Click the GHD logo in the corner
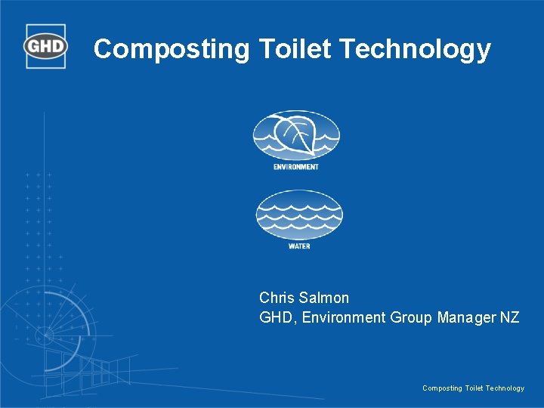coord(46,46)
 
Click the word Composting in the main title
coord(172,49)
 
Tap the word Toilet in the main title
coord(295,49)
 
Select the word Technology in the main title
coord(415,49)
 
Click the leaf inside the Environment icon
coord(294,134)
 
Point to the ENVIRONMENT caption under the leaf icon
coord(296,167)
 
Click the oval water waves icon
coord(299,215)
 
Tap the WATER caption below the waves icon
coord(299,246)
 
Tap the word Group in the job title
coord(411,317)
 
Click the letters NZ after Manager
coord(510,317)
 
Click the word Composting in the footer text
coord(441,388)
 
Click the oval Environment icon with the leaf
coord(296,136)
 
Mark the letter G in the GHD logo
coord(34,47)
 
